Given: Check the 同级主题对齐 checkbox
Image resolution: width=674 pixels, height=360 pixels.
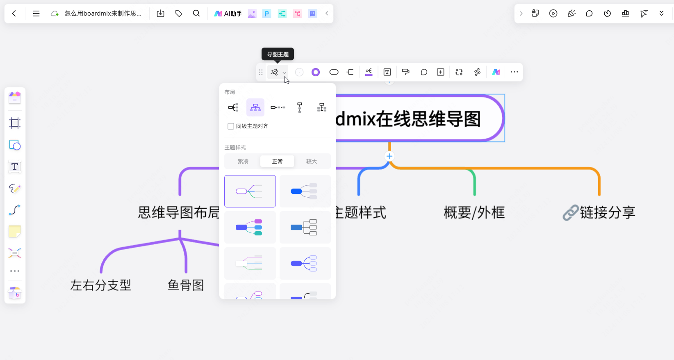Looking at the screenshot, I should (231, 126).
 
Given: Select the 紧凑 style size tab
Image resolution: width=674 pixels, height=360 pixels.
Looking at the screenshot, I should (243, 161).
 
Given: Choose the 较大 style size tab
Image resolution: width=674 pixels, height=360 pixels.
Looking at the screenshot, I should (312, 161).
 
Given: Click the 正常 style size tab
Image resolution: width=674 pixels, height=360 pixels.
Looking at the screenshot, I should (277, 161).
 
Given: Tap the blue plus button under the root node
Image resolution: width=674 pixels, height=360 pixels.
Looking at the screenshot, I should (389, 156).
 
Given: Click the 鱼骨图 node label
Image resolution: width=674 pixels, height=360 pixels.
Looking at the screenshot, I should (186, 285).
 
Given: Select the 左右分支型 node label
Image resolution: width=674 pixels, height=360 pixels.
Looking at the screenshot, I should (100, 285).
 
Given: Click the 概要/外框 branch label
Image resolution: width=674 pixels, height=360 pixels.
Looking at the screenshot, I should (474, 213).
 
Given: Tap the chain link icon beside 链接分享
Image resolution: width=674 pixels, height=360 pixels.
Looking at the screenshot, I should (570, 213).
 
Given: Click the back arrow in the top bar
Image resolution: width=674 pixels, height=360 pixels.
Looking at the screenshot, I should (14, 14).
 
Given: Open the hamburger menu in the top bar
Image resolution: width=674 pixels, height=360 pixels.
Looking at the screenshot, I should (36, 14).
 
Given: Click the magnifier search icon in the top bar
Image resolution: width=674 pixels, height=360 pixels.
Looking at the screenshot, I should (196, 14).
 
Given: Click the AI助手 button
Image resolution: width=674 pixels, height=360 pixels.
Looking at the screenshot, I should (228, 14).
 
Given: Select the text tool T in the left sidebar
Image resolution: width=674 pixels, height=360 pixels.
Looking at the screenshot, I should (15, 166).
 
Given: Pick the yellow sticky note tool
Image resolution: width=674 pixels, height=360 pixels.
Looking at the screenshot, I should (15, 231).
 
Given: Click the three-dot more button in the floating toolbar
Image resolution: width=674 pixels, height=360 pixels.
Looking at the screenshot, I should (514, 72).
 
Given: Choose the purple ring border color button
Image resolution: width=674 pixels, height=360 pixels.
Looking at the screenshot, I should (315, 72).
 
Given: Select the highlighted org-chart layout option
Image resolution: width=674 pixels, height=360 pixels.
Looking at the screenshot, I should (255, 107).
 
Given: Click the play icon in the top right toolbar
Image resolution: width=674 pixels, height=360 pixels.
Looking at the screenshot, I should (553, 14).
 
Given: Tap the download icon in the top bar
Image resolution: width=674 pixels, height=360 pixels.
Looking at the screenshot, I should (161, 14).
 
